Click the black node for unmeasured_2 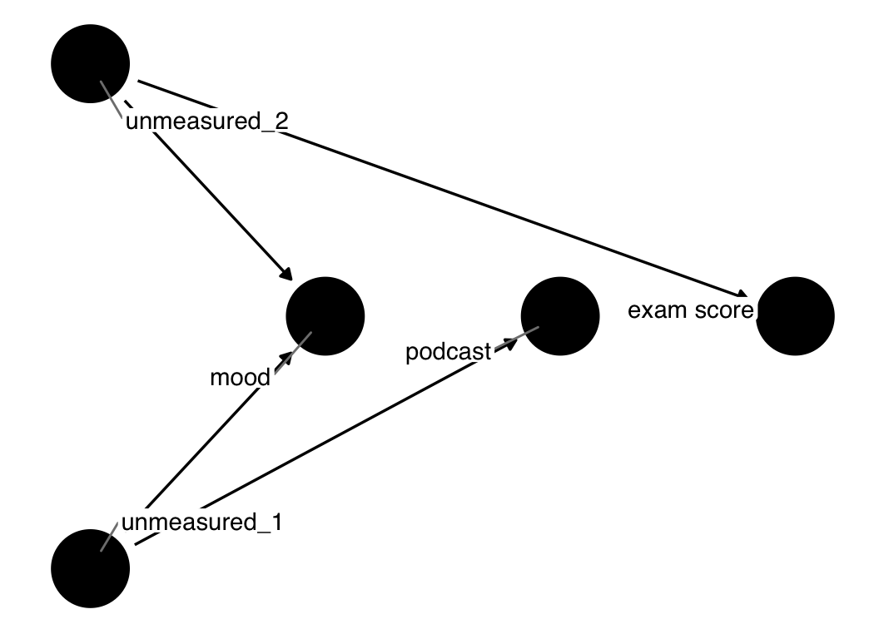(x=90, y=63)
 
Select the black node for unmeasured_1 (x=90, y=568)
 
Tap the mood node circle (x=325, y=316)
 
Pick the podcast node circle (x=559, y=316)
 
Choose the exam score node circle (x=795, y=316)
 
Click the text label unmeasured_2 (x=206, y=121)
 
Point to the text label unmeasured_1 (x=202, y=523)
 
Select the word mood (x=240, y=378)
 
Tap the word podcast (x=448, y=353)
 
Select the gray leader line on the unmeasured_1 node (x=109, y=537)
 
